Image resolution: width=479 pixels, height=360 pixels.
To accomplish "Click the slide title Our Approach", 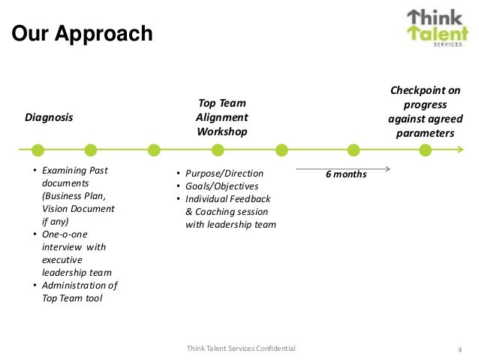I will (82, 35).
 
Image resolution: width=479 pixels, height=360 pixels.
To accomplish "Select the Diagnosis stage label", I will (50, 117).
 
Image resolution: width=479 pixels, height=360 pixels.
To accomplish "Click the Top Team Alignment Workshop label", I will (221, 117).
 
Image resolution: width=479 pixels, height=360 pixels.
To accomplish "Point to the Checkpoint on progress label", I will (426, 112).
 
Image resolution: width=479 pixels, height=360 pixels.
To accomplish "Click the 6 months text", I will (346, 174).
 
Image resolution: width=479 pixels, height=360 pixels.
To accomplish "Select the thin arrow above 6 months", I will (342, 167).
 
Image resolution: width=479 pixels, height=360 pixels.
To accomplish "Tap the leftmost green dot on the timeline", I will (28, 150).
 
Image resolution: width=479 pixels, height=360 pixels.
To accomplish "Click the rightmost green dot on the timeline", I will (426, 150).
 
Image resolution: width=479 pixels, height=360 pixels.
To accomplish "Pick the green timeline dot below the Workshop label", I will (218, 150).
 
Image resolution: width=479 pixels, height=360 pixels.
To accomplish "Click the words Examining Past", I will (74, 171).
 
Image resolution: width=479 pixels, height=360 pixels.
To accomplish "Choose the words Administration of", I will (80, 286).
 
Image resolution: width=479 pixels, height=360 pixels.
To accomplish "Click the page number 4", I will (459, 349).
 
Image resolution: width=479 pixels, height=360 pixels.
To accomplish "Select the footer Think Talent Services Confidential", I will (240, 348).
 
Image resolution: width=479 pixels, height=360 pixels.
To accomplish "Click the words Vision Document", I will (78, 209).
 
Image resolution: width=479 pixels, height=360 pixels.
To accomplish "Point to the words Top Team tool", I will (72, 298).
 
